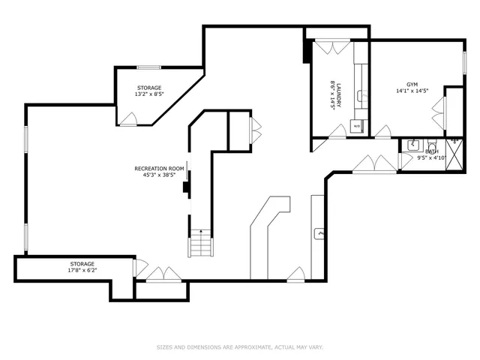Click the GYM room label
coord(412,85)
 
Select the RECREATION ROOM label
coord(159,169)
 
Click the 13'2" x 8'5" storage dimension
coord(148,94)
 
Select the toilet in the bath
coord(432,146)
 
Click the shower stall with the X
coord(453,146)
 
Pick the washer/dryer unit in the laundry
coord(357,126)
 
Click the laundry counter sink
coord(360,95)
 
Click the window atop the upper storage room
coord(148,67)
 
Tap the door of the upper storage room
coord(129,119)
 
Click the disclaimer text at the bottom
coord(239,347)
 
